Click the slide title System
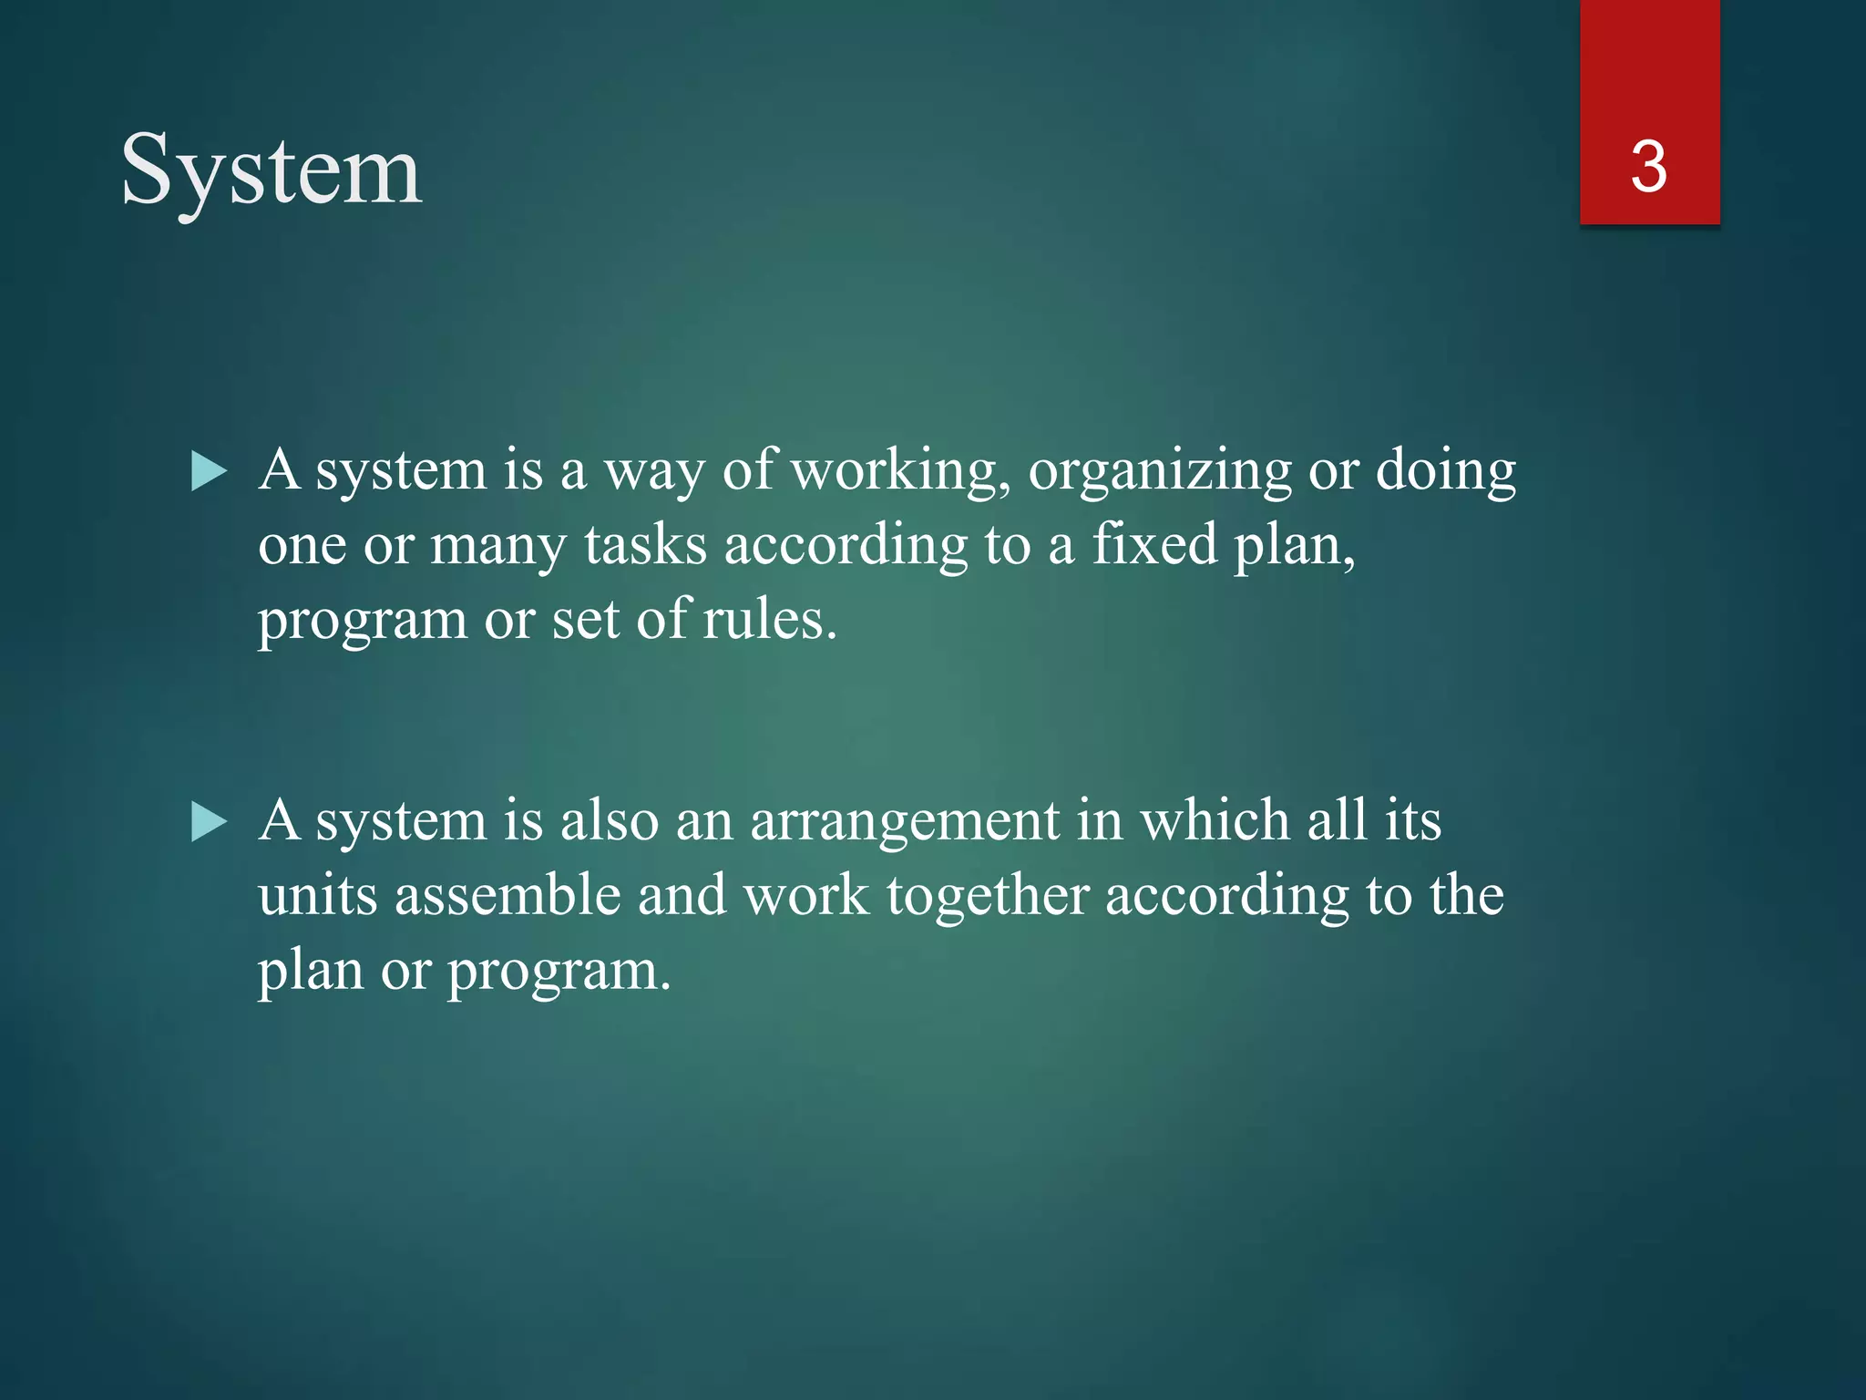[272, 170]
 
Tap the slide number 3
[1648, 168]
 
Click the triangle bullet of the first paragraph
[209, 473]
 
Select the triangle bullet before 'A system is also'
[209, 822]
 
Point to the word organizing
[1160, 471]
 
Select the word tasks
[645, 546]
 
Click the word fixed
[1154, 544]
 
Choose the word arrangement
[904, 821]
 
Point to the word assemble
[508, 895]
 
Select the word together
[988, 895]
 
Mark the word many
[497, 546]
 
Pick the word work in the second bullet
[805, 895]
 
